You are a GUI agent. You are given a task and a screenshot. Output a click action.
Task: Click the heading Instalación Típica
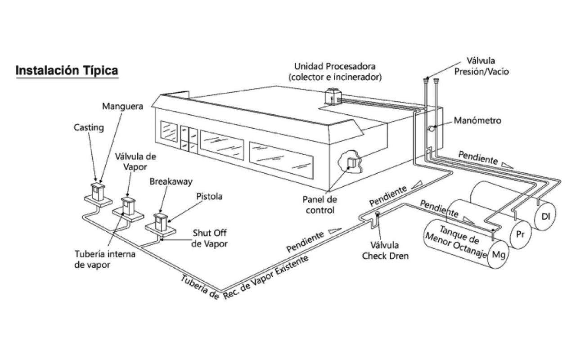[67, 71]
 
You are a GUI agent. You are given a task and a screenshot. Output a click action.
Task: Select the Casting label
[89, 128]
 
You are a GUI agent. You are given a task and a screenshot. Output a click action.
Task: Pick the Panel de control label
[320, 205]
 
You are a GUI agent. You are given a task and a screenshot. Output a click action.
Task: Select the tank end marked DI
[546, 216]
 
